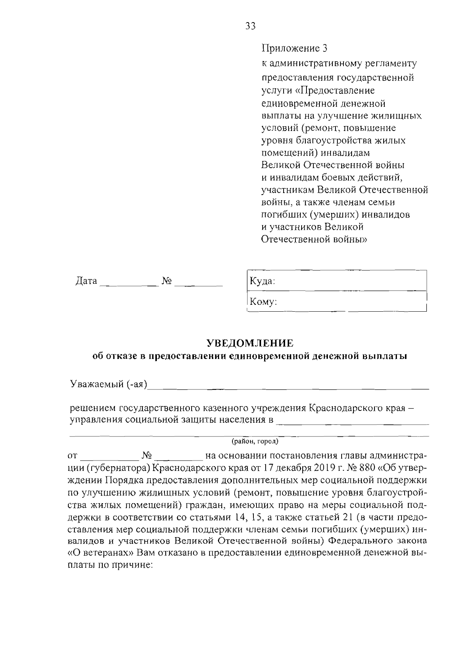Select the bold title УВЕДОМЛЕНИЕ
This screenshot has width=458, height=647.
click(250, 343)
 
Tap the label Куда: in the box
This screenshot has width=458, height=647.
click(262, 281)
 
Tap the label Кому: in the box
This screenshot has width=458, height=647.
click(263, 302)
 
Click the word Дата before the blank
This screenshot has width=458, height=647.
click(86, 281)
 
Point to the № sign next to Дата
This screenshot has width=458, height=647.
click(167, 281)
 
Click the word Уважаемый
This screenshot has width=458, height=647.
click(97, 383)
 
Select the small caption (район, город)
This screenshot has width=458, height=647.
click(255, 442)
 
